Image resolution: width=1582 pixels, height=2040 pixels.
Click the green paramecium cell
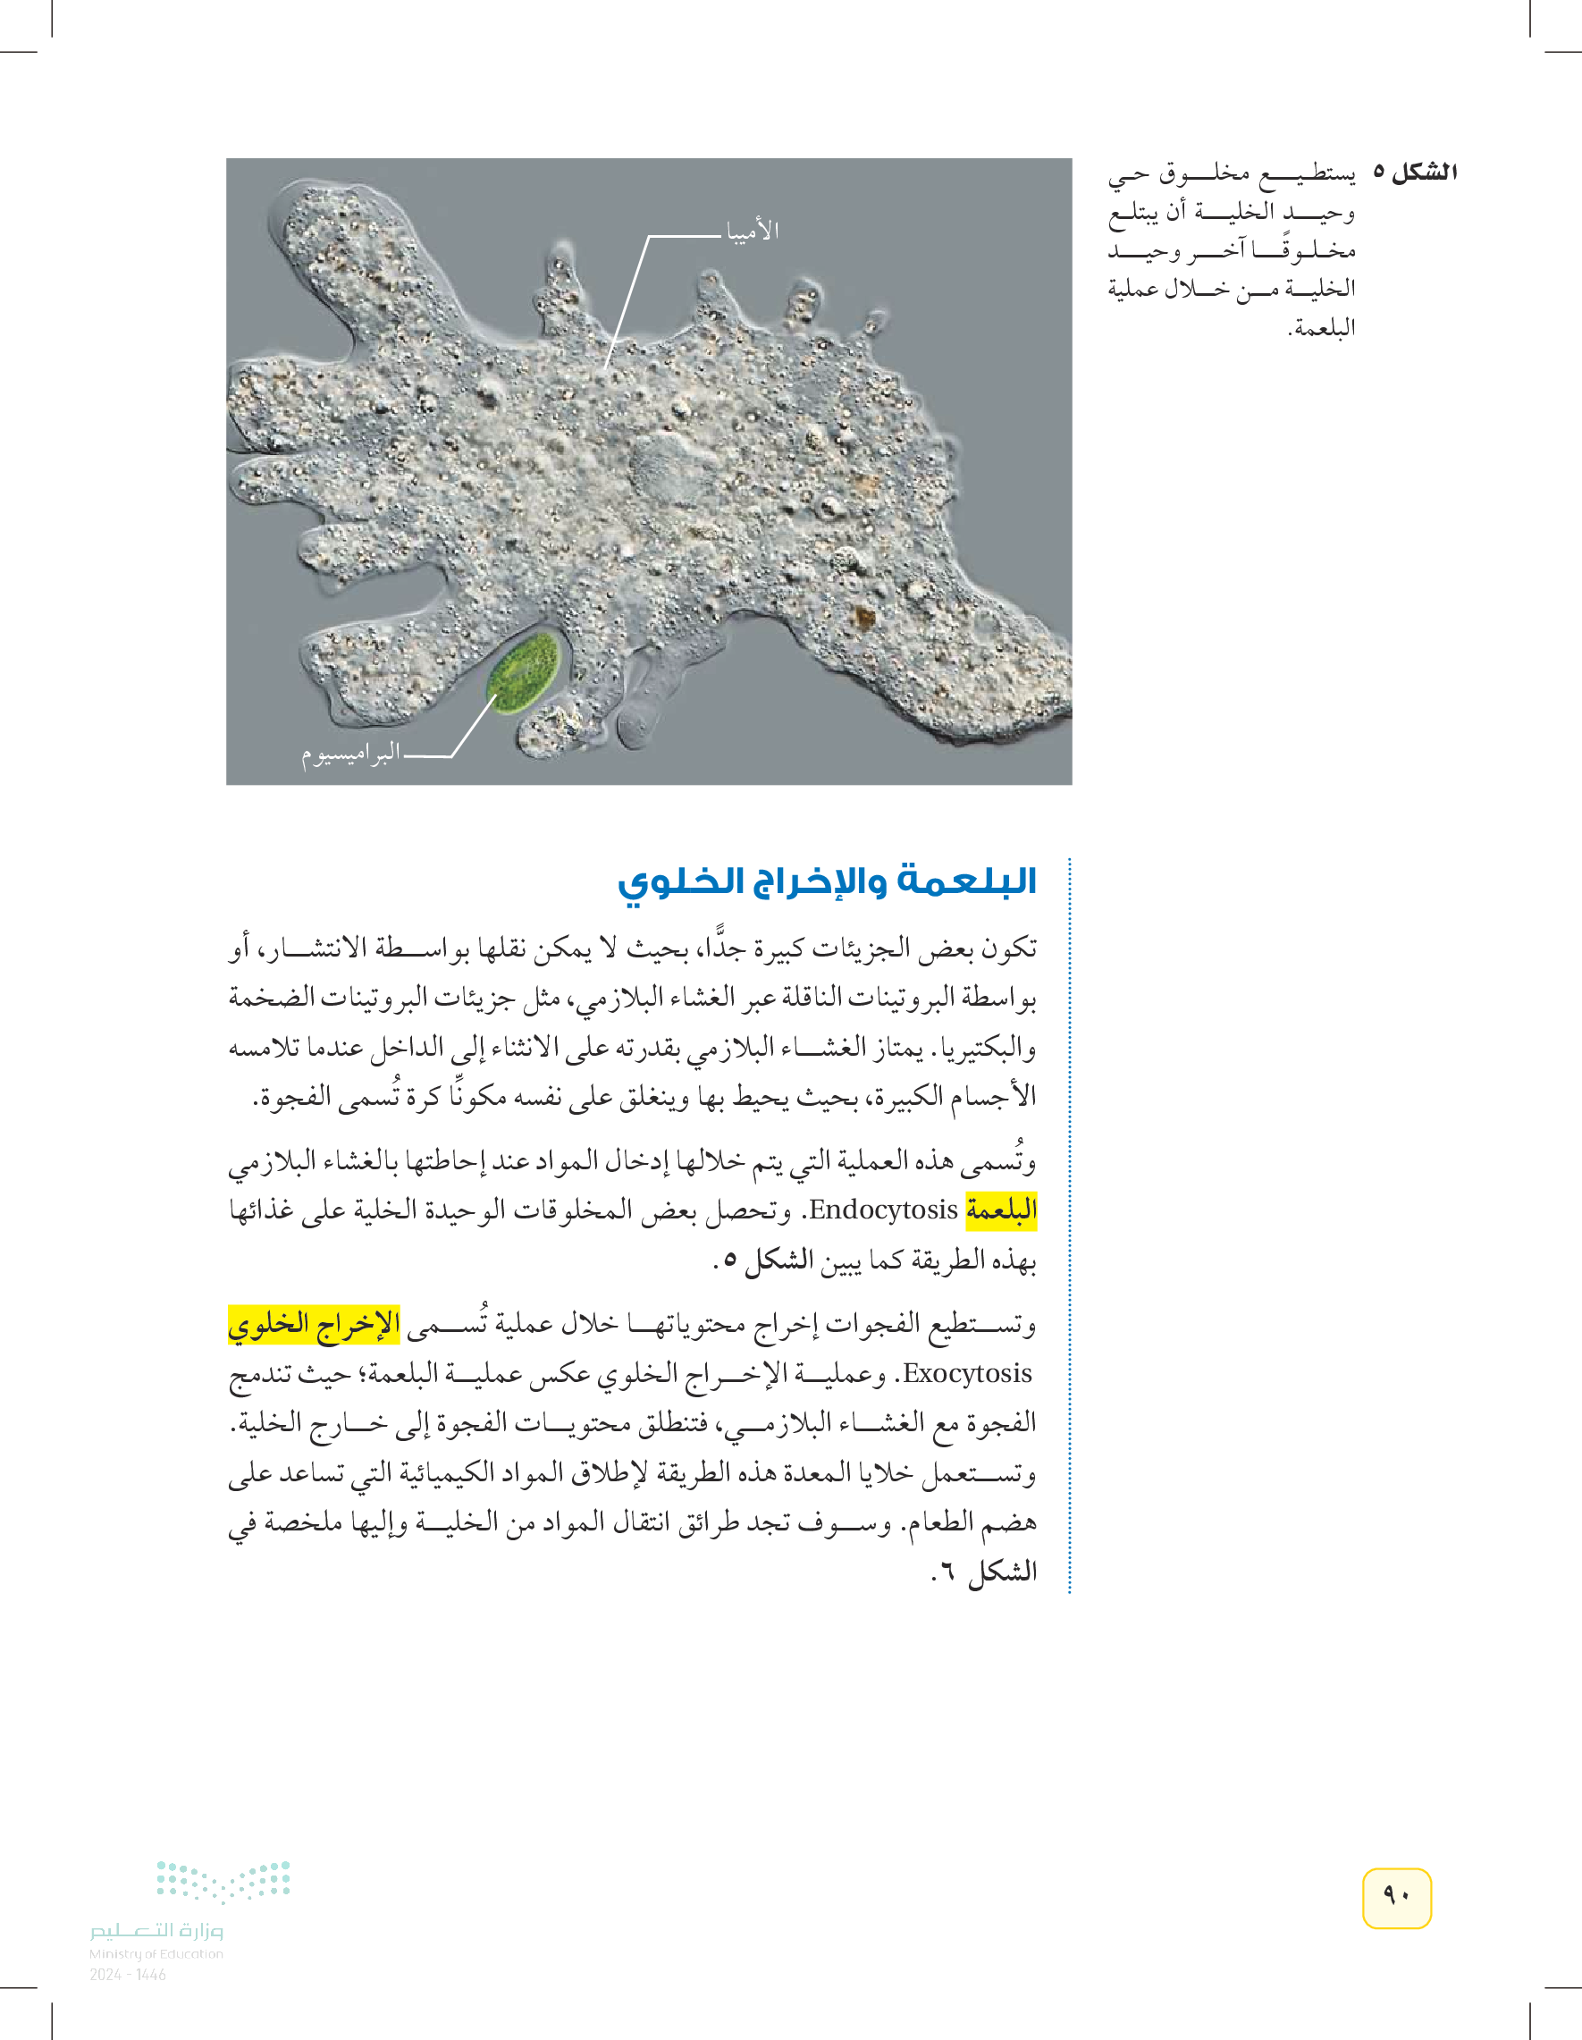coord(525,673)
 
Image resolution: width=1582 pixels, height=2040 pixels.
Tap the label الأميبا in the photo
coord(753,231)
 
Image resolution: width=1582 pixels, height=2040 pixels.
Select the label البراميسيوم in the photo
coord(351,753)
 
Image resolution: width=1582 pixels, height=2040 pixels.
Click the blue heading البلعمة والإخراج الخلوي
coord(827,881)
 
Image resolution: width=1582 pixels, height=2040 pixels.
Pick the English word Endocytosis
coord(883,1210)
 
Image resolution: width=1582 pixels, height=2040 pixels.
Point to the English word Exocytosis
coord(967,1373)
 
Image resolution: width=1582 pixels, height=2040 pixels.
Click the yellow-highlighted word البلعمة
coord(1001,1210)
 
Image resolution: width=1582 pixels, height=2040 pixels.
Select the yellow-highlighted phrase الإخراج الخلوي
coord(314,1324)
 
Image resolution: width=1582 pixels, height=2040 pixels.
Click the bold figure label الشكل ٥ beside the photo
coord(1415,173)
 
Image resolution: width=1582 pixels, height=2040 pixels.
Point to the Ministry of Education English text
coord(156,1953)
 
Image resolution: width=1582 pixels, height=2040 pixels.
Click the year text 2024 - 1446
coord(128,1975)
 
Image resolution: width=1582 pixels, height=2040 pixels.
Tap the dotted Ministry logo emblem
coord(223,1881)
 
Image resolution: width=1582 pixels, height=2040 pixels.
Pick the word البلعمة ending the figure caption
coord(1323,328)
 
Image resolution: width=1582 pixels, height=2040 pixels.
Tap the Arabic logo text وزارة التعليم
coord(156,1930)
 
